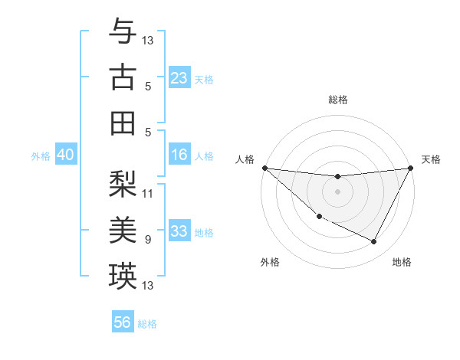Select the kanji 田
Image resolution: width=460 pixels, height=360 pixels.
point(123,123)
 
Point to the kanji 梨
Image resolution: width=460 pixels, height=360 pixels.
point(123,184)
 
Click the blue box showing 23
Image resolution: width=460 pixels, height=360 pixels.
point(179,78)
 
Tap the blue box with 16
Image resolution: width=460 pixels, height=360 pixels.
point(179,155)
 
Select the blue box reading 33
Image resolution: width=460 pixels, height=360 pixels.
point(179,231)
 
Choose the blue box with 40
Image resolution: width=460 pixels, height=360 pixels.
point(66,155)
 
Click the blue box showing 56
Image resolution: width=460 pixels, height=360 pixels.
point(123,322)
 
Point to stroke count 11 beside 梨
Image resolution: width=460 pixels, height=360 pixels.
point(148,193)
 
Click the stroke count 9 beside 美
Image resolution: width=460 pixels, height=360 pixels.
point(148,239)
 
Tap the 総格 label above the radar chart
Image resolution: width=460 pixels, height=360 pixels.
point(337,100)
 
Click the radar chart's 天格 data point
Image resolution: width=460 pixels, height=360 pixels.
point(411,168)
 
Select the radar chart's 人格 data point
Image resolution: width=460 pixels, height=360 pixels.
point(264,168)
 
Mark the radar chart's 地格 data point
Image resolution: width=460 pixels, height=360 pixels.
point(374,242)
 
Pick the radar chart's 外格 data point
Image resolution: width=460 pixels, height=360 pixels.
point(319,216)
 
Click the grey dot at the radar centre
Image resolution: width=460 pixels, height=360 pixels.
point(337,191)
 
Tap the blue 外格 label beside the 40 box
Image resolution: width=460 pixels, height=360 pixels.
point(41,155)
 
